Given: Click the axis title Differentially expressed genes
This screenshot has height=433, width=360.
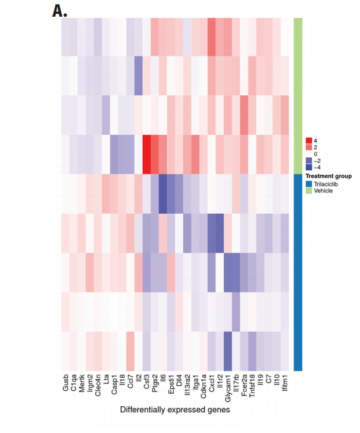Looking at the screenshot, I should tap(175, 410).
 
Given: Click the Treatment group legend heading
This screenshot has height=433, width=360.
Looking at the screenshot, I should tap(328, 176).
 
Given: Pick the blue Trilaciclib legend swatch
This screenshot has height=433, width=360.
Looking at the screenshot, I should tap(309, 183).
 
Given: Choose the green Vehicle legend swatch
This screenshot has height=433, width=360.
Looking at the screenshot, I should tap(309, 191).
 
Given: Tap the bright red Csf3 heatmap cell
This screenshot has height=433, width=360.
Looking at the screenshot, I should tap(146, 154).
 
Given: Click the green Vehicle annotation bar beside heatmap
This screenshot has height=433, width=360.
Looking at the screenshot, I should tap(298, 95).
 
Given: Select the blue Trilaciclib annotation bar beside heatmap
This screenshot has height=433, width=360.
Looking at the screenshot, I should tap(298, 271).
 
